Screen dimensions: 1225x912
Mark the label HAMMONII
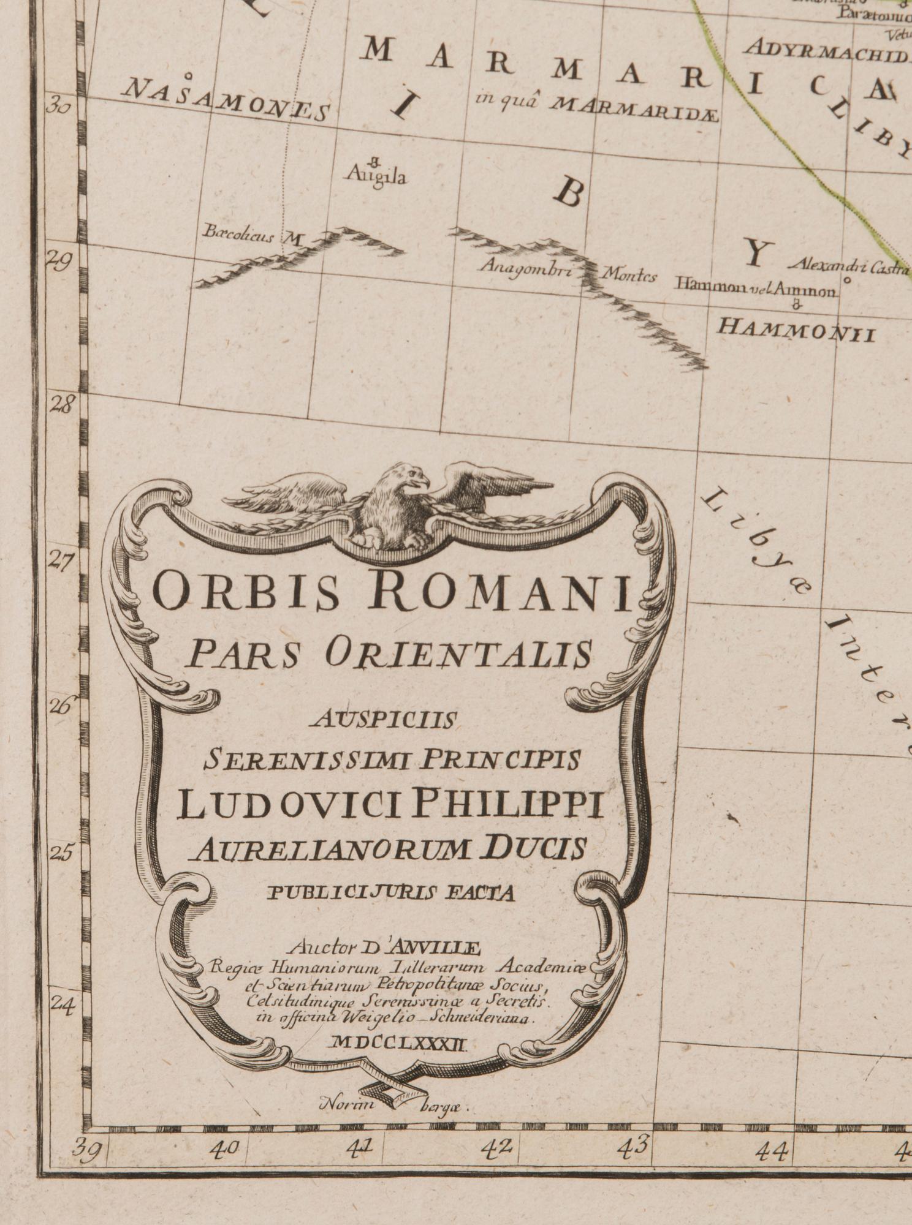(x=796, y=329)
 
